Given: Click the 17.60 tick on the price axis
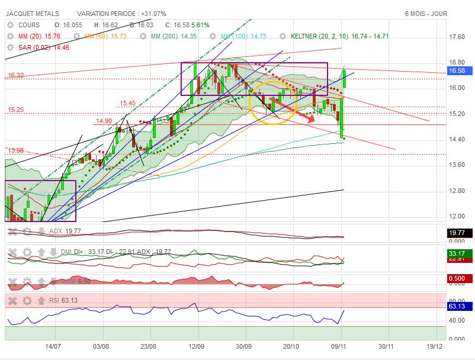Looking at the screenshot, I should coord(457,37).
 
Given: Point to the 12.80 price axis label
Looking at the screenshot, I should coord(457,191).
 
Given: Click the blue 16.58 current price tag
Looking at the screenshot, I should coord(457,70).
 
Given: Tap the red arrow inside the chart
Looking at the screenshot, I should coord(296,111).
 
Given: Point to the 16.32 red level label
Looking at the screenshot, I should coord(15,75).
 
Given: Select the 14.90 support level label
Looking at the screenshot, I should coord(103,121).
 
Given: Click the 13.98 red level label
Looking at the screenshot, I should coord(15,150).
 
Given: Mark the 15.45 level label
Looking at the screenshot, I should coord(128,103).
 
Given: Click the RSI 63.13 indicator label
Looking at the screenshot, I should coord(65,300).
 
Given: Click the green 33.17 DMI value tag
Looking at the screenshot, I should coord(457,253).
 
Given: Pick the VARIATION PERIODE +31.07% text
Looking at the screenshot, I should coord(121,13).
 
